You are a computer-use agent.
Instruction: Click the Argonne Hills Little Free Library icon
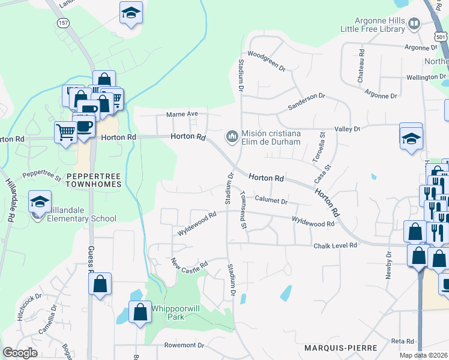coord(414,24)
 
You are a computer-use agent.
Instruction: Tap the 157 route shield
coord(64,22)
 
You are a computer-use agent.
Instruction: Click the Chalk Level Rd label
coord(335,246)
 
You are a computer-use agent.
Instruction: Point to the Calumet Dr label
coord(271,199)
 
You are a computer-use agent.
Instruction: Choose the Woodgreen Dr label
coord(266,61)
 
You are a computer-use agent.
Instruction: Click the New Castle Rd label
coord(189,264)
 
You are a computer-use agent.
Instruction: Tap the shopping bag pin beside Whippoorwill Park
coord(140,312)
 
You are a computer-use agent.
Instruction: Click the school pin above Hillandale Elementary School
coord(40,202)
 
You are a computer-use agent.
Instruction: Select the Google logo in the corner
coord(20,353)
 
